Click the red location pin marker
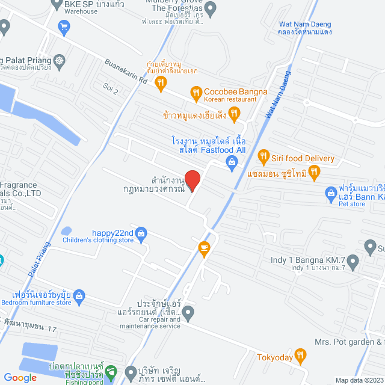192,180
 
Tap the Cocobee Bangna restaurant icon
196,93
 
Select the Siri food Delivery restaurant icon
263,158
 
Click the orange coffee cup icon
204,247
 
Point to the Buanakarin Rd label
126,71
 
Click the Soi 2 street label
111,91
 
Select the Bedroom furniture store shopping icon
80,295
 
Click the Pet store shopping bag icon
330,193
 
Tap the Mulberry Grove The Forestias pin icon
210,9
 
